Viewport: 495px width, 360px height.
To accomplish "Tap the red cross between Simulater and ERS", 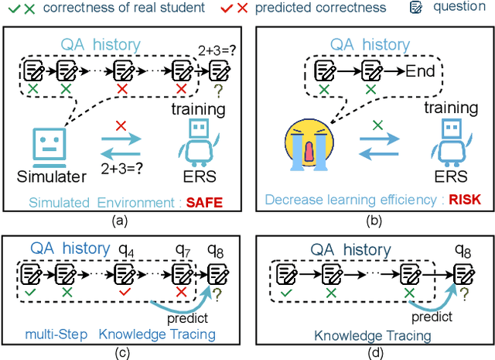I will [121, 125].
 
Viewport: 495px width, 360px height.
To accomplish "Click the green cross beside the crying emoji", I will [376, 125].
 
